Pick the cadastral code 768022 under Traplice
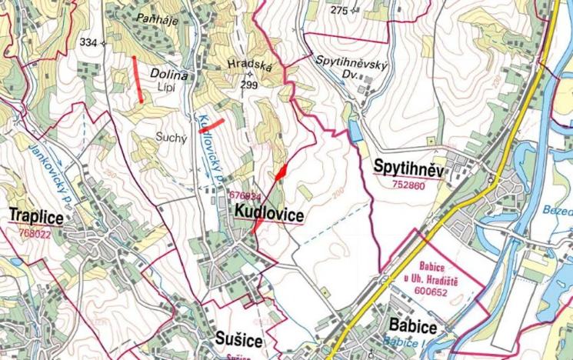click(35, 232)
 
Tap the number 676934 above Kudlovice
click(245, 196)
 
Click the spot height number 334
click(88, 42)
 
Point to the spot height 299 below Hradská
click(249, 85)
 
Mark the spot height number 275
click(339, 10)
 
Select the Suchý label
click(165, 135)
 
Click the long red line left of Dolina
click(138, 78)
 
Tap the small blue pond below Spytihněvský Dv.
click(354, 132)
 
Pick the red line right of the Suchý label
click(212, 125)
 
